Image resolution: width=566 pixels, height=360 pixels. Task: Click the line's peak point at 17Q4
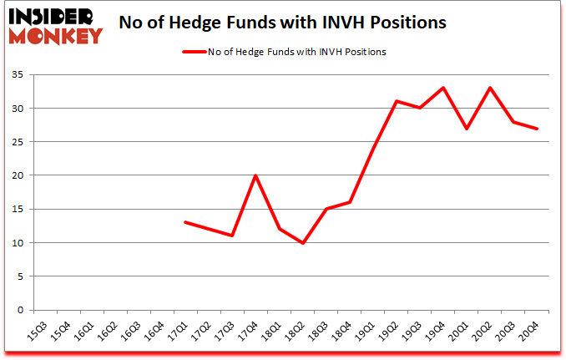click(x=255, y=175)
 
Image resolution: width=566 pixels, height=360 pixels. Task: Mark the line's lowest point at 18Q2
click(x=303, y=243)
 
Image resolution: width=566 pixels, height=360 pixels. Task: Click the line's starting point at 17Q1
click(x=184, y=222)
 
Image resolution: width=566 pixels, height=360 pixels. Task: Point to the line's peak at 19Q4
click(x=444, y=88)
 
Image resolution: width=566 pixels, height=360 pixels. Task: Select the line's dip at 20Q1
click(x=467, y=128)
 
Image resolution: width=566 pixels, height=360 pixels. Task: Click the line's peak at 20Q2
click(x=491, y=88)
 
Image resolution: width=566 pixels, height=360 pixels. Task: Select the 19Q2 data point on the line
click(x=397, y=101)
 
